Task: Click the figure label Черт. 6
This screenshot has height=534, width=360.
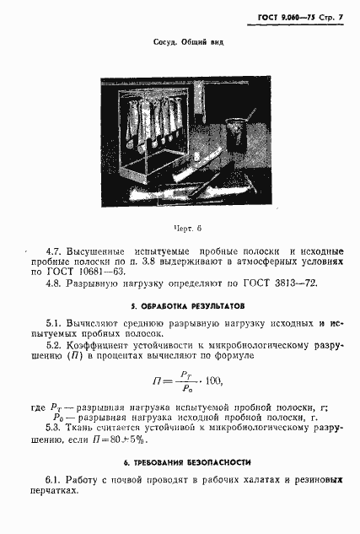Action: point(187,228)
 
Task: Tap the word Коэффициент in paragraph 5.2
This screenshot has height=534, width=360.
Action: point(99,345)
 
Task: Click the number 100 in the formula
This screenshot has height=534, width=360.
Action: point(213,381)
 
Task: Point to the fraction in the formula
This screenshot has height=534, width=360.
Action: point(185,381)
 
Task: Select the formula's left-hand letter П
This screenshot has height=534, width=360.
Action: point(156,381)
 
